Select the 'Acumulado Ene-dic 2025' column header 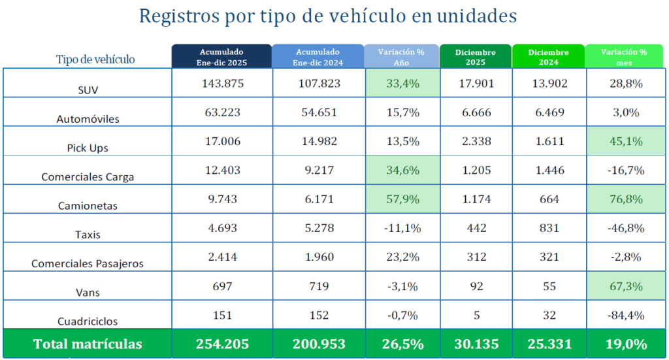click(x=221, y=56)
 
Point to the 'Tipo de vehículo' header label click(x=95, y=59)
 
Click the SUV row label click(x=87, y=90)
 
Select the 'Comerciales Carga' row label click(x=87, y=176)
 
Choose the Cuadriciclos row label click(x=87, y=321)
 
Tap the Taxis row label click(x=87, y=235)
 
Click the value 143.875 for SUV click(x=221, y=83)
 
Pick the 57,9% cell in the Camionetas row click(x=402, y=199)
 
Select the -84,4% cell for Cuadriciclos click(x=624, y=315)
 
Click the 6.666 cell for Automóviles click(x=476, y=112)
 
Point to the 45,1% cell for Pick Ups click(x=624, y=141)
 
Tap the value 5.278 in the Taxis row click(x=318, y=228)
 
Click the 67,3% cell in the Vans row click(x=624, y=286)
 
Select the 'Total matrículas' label click(x=87, y=344)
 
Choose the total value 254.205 click(x=221, y=344)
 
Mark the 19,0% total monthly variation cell click(x=624, y=344)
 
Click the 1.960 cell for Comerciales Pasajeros click(x=318, y=257)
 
